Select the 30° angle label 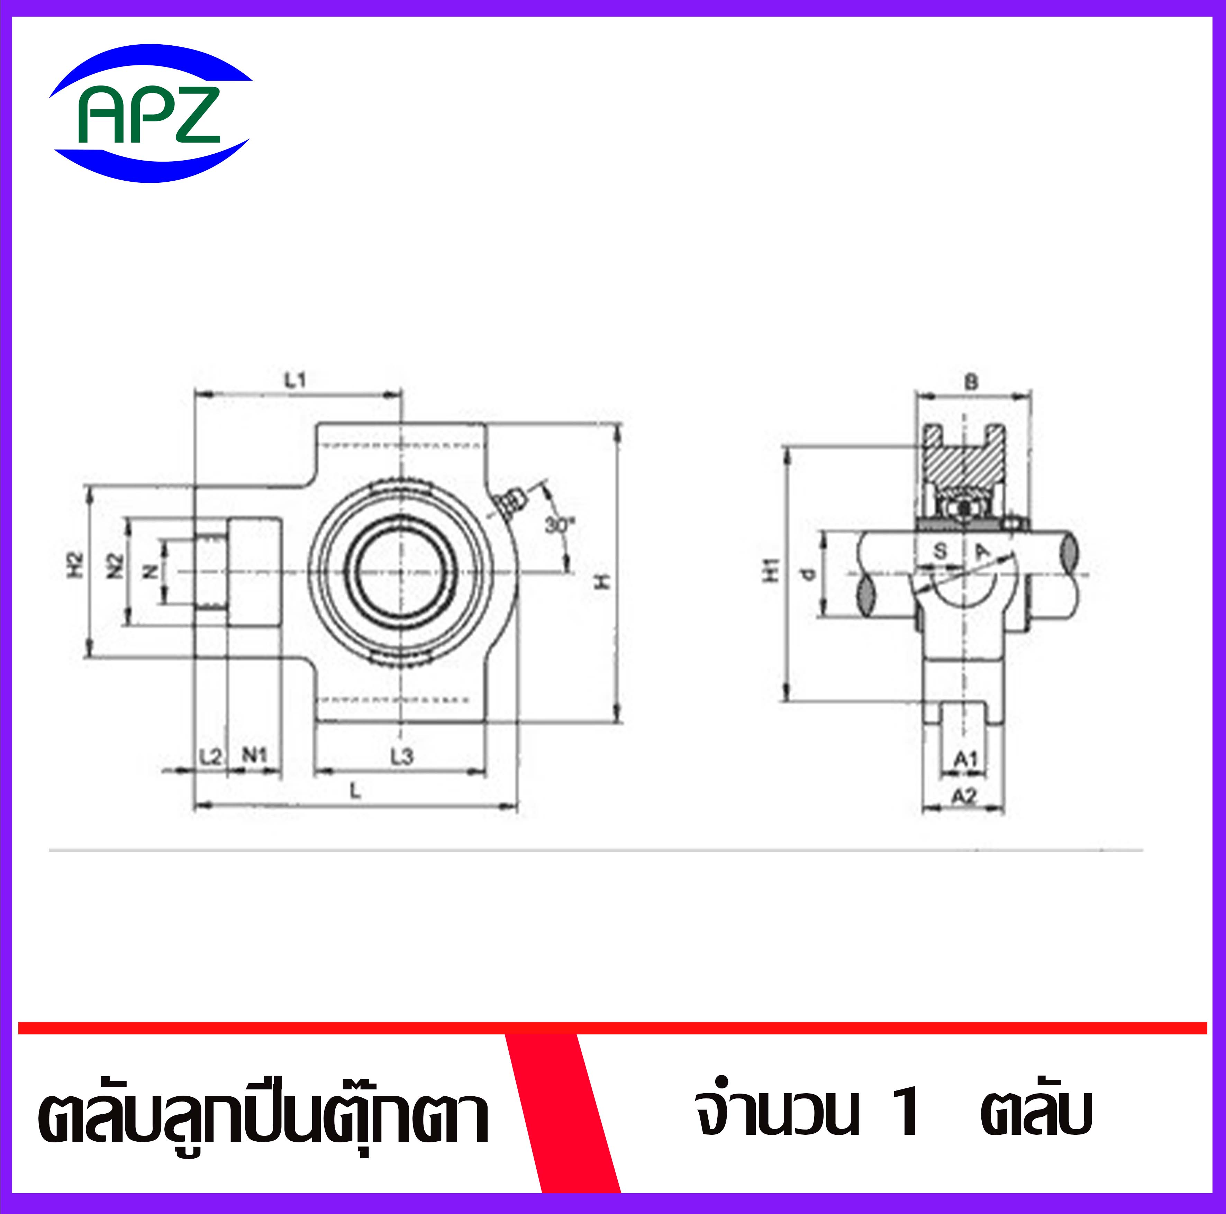(x=558, y=524)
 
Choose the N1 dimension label (x=254, y=755)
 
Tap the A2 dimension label (x=964, y=796)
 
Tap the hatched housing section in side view (x=963, y=466)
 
